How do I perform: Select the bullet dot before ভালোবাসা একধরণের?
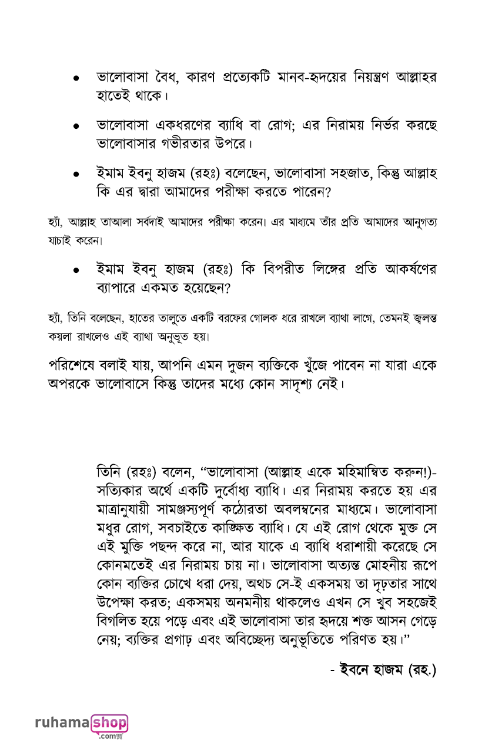coord(76,126)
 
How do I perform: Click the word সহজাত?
coord(329,175)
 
